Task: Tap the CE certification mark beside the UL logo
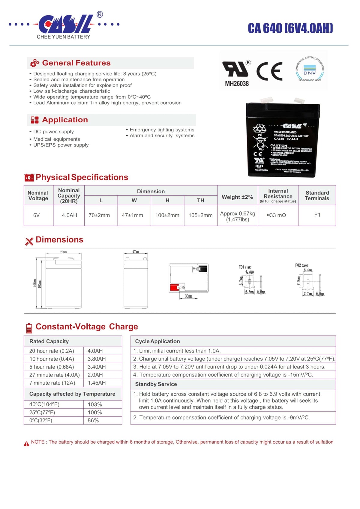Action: pos(269,71)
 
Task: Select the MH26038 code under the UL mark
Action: pos(237,84)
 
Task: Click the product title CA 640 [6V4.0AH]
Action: pos(290,28)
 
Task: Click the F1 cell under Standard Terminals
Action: pos(317,215)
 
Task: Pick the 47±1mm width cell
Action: pos(132,215)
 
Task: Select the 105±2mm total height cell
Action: pos(200,215)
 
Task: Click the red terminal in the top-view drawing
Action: pos(174,288)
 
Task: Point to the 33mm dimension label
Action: pos(188,296)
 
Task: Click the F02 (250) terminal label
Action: pos(301,265)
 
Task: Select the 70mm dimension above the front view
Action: pos(63,252)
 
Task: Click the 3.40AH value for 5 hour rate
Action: pos(97,367)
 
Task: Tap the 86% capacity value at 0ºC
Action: pos(93,421)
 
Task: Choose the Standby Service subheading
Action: pos(156,384)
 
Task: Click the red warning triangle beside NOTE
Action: pos(26,444)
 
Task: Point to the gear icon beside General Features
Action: pos(34,63)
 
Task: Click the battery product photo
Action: pos(283,138)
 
